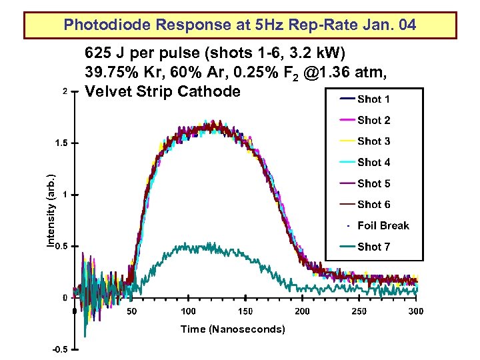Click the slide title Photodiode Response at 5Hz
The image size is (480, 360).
(240, 25)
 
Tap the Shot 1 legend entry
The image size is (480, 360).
(373, 99)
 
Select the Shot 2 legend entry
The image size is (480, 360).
(373, 121)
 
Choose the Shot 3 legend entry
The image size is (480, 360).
(373, 141)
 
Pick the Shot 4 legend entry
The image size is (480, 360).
(373, 163)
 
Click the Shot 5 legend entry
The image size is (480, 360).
(373, 184)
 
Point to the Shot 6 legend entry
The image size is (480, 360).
(373, 205)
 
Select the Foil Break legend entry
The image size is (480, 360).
(383, 226)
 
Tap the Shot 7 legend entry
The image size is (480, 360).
(373, 247)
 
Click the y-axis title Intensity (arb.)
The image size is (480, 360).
(51, 211)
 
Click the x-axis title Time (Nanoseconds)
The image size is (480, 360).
(233, 329)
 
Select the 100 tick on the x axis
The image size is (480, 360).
(189, 311)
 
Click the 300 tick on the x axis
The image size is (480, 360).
(416, 311)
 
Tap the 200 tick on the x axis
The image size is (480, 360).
(302, 311)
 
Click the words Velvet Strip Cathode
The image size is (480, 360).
(163, 91)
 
